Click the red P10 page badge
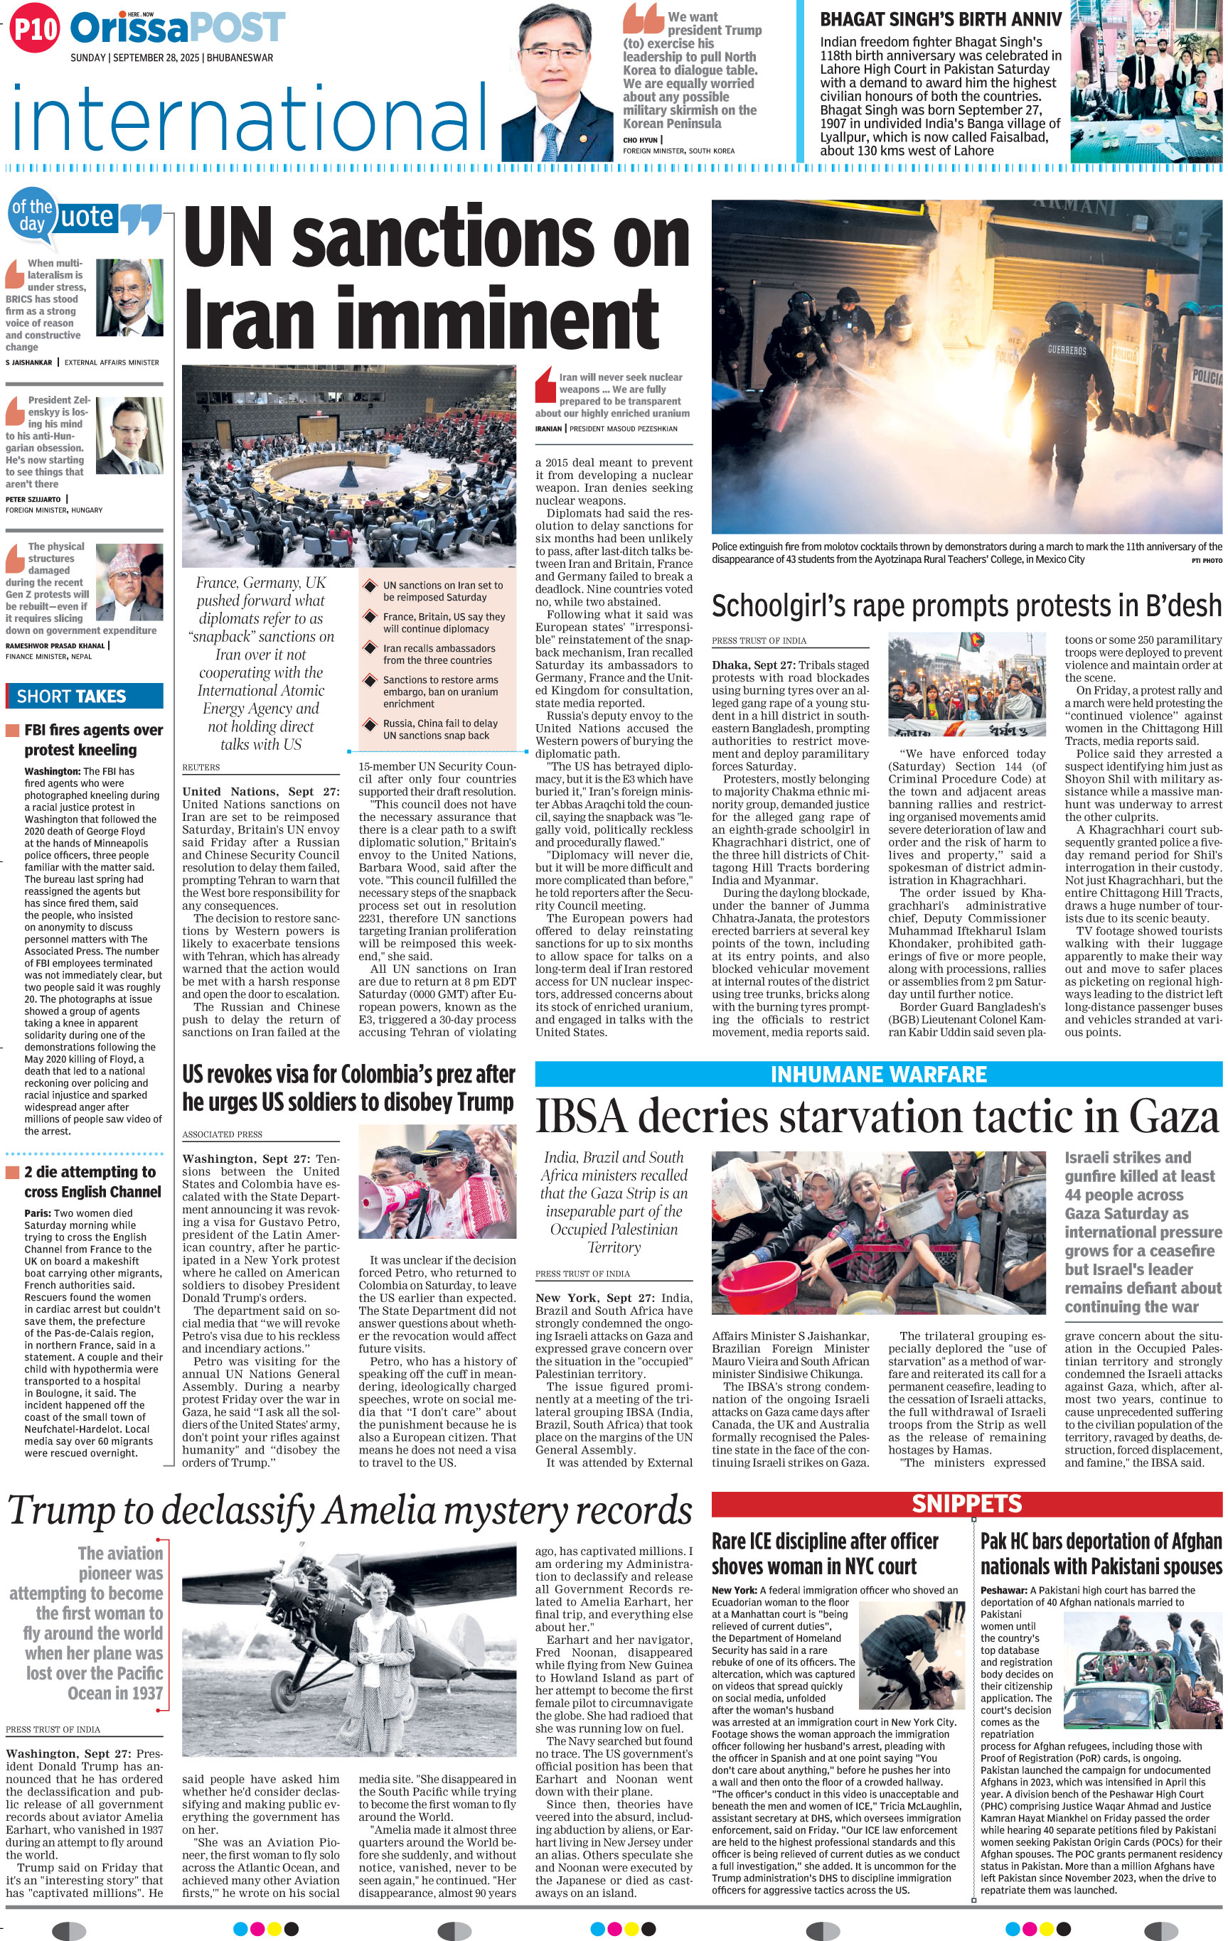(x=35, y=29)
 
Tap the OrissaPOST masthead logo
(x=177, y=28)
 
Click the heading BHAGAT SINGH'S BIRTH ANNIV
(x=941, y=19)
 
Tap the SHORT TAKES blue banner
(x=85, y=697)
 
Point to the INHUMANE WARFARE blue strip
(x=878, y=1075)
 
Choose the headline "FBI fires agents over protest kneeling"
(x=92, y=739)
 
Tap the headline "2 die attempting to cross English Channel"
(x=92, y=1182)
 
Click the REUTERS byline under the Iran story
(x=201, y=768)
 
